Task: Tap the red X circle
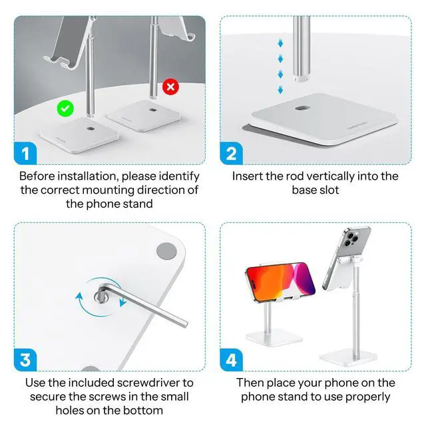point(171,87)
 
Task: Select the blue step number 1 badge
point(25,154)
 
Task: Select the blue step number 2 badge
point(231,154)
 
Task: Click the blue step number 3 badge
point(25,361)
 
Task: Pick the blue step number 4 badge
point(231,361)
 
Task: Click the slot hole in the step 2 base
point(302,108)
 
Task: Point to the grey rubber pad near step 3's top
point(166,251)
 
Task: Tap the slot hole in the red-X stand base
point(152,109)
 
